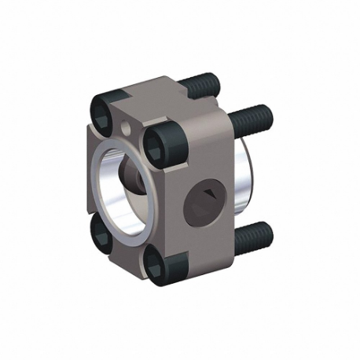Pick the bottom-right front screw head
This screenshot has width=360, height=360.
point(160,263)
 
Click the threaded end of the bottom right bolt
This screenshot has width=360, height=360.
point(253,233)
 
